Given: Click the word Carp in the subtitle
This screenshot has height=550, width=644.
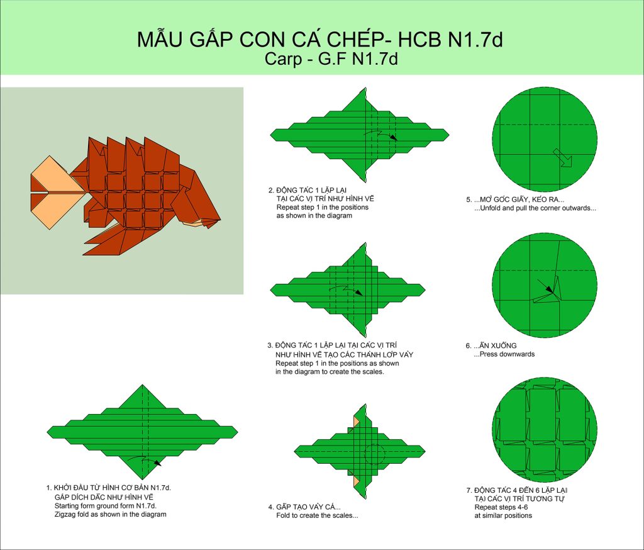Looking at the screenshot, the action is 281,59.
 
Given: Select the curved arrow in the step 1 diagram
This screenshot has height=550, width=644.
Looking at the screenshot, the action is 145,460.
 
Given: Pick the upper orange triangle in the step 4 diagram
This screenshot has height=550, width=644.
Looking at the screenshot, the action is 356,422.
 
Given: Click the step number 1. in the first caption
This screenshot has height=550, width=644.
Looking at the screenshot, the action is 49,488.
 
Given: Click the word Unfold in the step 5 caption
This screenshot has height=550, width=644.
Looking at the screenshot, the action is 490,208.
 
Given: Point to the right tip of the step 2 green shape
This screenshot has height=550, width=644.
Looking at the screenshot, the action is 449,135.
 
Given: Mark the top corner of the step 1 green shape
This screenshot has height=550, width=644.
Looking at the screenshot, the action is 143,385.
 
